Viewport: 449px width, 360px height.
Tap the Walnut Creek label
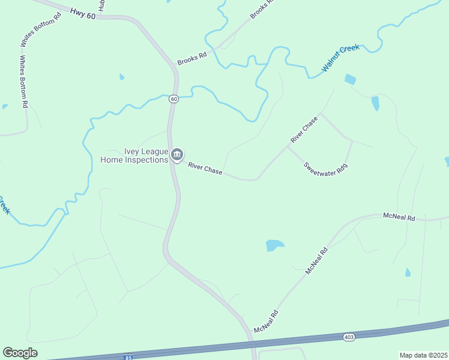(x=340, y=58)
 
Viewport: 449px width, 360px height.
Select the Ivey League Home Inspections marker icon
(x=177, y=155)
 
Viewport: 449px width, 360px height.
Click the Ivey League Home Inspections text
(x=134, y=156)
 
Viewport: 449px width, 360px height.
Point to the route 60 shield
(x=173, y=98)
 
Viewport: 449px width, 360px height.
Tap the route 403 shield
(x=349, y=337)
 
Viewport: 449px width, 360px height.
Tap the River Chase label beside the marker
(x=205, y=169)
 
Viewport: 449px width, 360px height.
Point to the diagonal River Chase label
(x=304, y=130)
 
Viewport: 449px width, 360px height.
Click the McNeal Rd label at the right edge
(x=399, y=218)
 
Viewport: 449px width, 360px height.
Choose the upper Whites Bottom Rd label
(x=41, y=29)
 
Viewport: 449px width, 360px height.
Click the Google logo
(x=20, y=353)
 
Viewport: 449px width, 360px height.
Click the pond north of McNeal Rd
(x=274, y=245)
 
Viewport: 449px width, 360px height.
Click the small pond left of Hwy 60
(x=122, y=77)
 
